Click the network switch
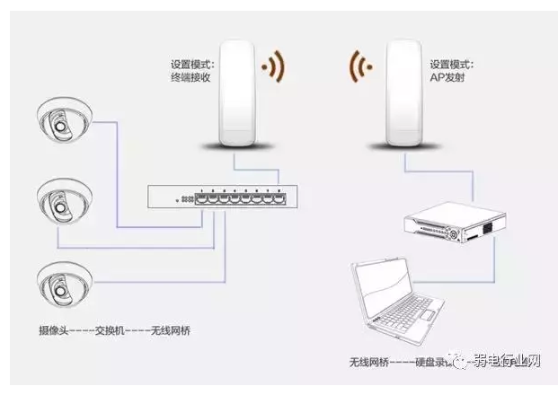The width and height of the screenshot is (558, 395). [221, 197]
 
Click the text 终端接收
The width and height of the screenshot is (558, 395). [190, 78]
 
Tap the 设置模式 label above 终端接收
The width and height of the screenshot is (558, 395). [190, 64]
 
